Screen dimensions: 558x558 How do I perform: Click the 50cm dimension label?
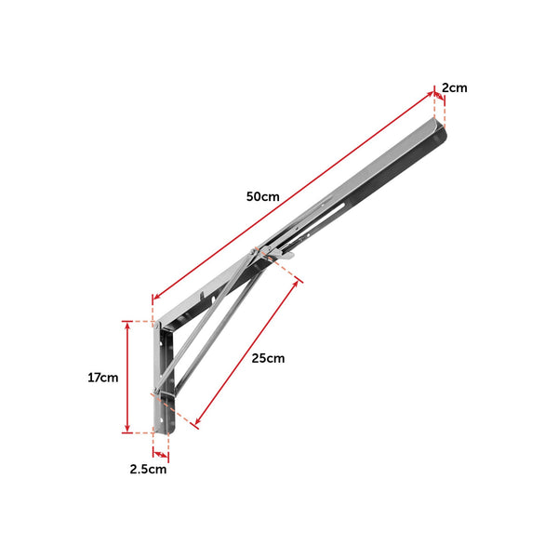[x=263, y=197]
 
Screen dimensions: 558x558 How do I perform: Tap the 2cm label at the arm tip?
[x=454, y=88]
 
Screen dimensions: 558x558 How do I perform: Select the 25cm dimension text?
[x=268, y=358]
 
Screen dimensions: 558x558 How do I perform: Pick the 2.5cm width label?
[x=148, y=470]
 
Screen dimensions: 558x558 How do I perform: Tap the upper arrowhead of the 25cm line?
[x=297, y=282]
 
